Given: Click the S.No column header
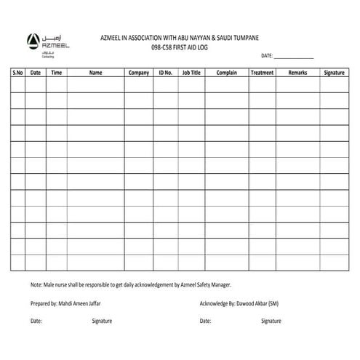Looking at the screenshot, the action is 18,73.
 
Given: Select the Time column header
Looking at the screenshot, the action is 57,73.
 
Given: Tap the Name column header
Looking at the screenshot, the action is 95,73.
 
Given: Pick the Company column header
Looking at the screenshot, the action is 138,73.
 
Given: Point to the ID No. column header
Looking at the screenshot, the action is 165,73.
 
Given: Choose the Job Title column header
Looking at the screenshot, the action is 191,73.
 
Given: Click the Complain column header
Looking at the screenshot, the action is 227,73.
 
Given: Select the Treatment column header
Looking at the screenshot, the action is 262,73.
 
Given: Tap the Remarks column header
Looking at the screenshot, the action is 297,73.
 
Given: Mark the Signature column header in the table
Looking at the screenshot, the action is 334,73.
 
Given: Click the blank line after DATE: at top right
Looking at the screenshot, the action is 294,56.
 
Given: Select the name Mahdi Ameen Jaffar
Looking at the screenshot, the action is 77,303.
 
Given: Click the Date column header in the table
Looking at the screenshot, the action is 36,73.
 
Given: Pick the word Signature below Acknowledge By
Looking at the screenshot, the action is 271,321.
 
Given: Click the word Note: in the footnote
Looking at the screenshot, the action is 36,284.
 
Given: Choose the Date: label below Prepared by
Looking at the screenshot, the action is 36,321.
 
